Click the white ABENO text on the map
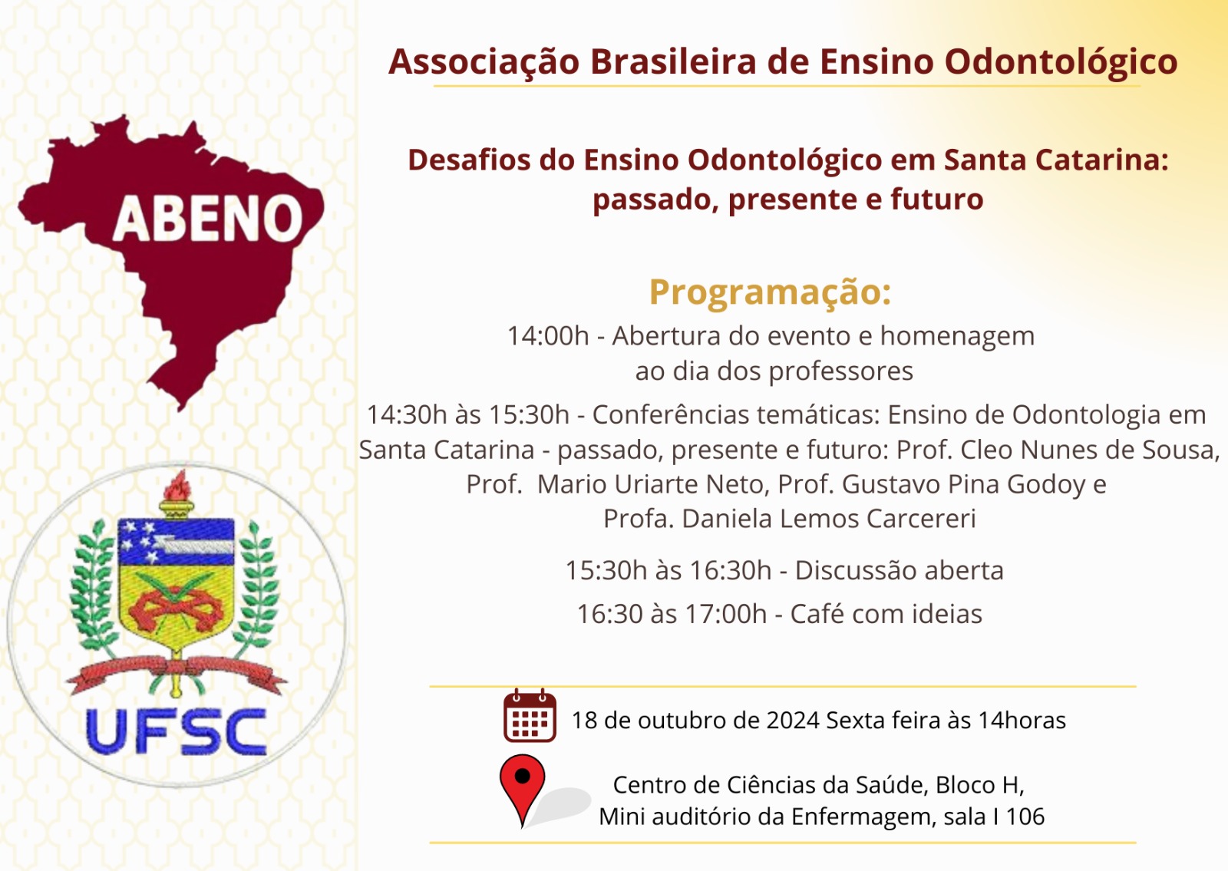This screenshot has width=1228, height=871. (x=207, y=219)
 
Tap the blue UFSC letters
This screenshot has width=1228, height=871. (x=176, y=732)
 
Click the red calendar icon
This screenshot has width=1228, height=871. (x=530, y=715)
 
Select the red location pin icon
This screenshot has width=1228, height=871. (x=523, y=790)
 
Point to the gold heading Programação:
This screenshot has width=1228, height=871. (x=771, y=292)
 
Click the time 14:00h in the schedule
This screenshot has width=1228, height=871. (x=548, y=335)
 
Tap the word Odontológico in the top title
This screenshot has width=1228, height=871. (x=1061, y=62)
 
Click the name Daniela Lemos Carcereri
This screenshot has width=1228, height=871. (x=828, y=519)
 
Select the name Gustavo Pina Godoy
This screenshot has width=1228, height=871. (x=964, y=484)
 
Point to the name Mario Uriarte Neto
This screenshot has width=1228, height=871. (x=653, y=484)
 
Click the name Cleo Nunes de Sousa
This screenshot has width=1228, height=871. (x=1091, y=450)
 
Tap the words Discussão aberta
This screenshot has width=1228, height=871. (x=899, y=571)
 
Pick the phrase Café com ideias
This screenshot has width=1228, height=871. (x=886, y=614)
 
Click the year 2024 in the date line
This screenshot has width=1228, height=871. (x=793, y=721)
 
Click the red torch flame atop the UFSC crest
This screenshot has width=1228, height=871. (x=177, y=484)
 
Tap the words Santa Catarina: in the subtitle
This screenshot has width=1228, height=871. (x=1056, y=160)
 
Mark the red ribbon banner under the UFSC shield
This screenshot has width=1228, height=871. (x=177, y=671)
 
